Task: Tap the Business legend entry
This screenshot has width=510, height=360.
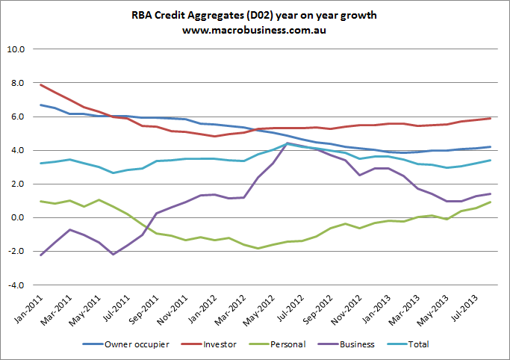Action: coord(370,345)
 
